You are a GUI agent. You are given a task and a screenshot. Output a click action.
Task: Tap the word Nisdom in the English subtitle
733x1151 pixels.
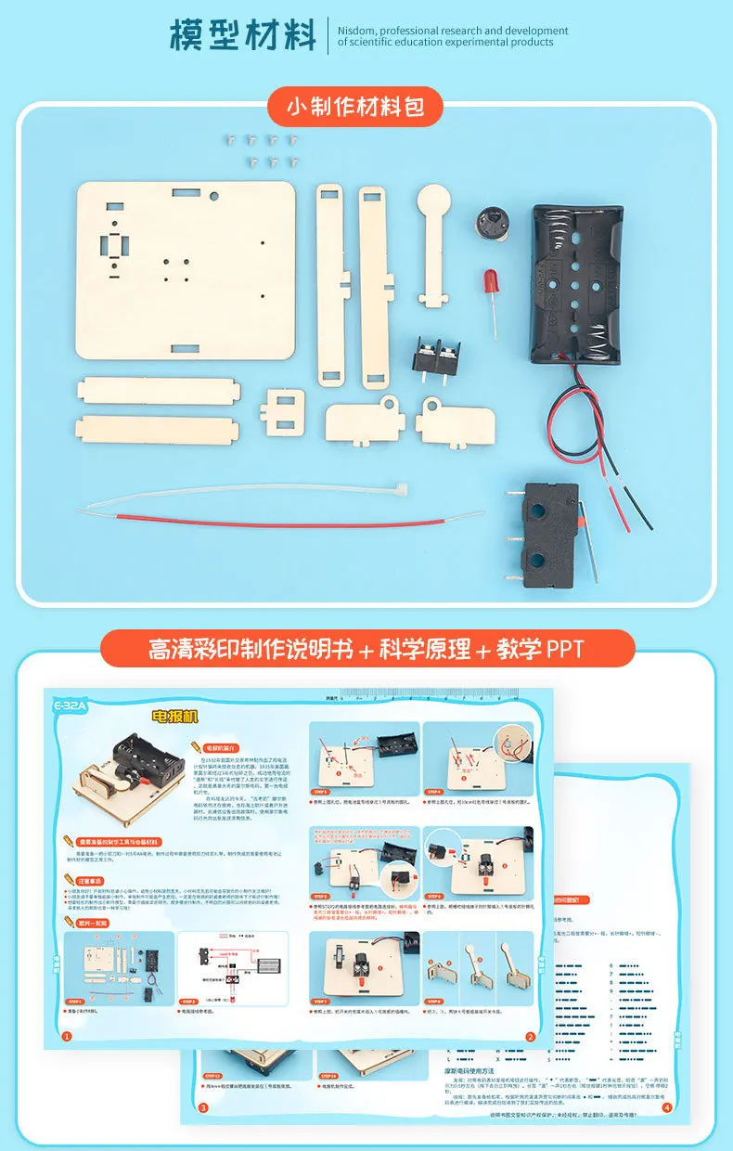click(360, 31)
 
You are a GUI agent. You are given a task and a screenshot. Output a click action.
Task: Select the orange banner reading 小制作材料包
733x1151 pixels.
click(355, 107)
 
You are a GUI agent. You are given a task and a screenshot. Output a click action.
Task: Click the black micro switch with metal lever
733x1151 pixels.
click(551, 525)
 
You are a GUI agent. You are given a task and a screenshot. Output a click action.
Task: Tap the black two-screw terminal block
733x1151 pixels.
click(436, 357)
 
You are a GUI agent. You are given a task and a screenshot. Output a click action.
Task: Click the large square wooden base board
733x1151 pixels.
click(186, 269)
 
